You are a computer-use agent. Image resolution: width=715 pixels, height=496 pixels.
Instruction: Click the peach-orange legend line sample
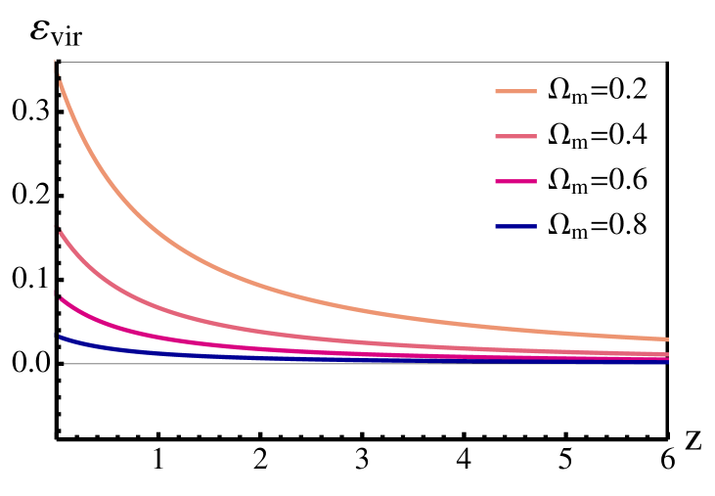tap(515, 92)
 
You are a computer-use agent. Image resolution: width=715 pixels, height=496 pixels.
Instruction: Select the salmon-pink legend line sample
tap(515, 137)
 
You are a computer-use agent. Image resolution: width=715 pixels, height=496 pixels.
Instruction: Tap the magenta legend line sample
tap(515, 182)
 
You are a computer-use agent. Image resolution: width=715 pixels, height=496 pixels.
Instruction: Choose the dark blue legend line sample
tap(515, 227)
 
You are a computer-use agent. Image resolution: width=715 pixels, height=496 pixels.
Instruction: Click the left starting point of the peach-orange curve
tap(61, 83)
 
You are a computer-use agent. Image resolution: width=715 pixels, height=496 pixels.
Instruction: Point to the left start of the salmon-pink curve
tap(61, 233)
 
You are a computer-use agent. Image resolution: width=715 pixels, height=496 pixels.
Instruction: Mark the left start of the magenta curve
tap(61, 298)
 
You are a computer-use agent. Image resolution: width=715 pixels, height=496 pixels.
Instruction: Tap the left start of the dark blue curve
tap(61, 337)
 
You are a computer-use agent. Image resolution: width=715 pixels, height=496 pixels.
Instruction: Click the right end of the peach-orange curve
tap(667, 339)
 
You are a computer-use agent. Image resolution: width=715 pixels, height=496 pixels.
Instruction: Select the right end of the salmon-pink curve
tap(667, 354)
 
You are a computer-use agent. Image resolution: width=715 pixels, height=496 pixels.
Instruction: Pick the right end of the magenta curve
tap(667, 359)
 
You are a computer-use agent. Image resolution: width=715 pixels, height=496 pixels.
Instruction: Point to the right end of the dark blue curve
tap(667, 363)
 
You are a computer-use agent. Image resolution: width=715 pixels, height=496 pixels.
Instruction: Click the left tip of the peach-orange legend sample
tap(497, 92)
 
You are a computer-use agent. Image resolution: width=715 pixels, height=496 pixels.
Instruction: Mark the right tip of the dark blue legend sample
tap(535, 227)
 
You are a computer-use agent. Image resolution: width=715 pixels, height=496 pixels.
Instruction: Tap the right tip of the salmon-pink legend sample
tap(535, 137)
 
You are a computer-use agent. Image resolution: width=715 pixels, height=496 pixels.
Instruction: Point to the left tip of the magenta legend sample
tap(497, 182)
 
